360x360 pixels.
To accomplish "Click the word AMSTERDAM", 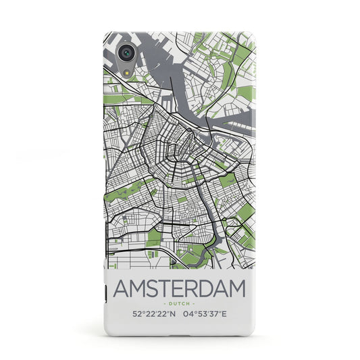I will pos(180,270).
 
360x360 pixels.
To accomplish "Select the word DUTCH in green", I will pos(180,286).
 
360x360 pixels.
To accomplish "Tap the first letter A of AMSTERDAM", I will pos(122,270).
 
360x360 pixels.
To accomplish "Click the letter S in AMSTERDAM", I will pos(153,270).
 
